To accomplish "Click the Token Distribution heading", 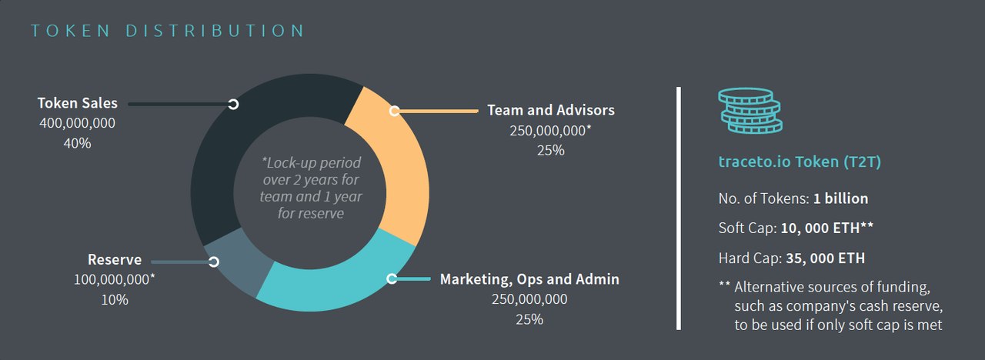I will coord(168,31).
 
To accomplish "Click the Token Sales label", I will coord(77,103).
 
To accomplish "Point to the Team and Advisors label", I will coord(551,110).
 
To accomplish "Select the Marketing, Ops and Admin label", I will coord(529,278).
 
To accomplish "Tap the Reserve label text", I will coord(115,260).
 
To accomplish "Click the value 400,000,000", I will coord(77,123).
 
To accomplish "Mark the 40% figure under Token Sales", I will coord(77,143).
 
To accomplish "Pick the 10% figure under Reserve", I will coord(115,300).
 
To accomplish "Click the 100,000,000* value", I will coord(115,280).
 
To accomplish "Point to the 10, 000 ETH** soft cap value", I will coord(826,228).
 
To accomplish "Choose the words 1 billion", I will coord(840,198).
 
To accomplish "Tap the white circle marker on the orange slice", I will coord(395,111).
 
